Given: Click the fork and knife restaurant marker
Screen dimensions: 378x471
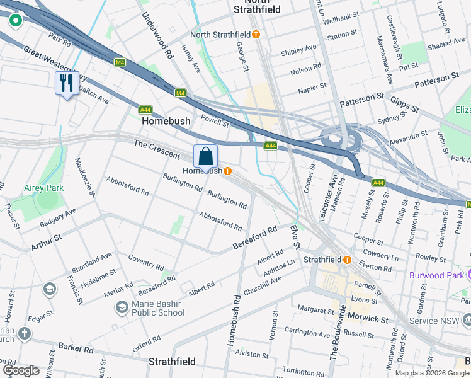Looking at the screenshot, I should [x=66, y=83].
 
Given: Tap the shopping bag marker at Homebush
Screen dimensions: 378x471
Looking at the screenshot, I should [x=205, y=156].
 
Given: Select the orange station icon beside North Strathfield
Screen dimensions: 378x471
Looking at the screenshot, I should [x=256, y=35].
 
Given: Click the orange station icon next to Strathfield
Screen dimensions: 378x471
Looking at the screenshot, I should [x=347, y=260].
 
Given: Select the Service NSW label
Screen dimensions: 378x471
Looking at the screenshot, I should [x=439, y=321].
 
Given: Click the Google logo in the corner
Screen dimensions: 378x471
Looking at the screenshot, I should [x=21, y=370].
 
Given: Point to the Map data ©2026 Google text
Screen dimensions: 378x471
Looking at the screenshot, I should [x=432, y=373].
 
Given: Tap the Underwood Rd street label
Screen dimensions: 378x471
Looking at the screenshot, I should [x=156, y=35].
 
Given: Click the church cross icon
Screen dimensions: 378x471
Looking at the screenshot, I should [x=24, y=333].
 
